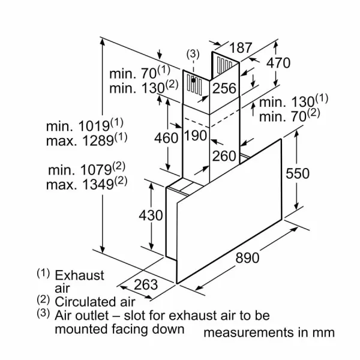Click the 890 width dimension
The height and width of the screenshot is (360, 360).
(247, 257)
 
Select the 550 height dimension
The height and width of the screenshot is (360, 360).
(298, 173)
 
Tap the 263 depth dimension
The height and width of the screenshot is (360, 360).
(146, 284)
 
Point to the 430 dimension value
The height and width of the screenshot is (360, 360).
(151, 215)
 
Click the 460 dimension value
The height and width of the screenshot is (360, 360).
(166, 138)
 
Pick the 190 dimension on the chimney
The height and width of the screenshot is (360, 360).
(196, 136)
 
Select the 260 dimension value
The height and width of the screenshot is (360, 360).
(224, 156)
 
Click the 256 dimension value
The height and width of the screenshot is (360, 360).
(224, 88)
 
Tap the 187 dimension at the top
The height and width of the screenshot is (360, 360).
(241, 48)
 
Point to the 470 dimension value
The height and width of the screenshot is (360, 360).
(278, 63)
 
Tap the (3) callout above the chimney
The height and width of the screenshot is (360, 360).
(193, 54)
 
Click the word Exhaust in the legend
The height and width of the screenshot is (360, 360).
(79, 275)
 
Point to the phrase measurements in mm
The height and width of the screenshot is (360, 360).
(269, 332)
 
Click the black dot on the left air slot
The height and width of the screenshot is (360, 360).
(193, 80)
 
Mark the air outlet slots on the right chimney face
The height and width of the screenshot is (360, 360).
(224, 64)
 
